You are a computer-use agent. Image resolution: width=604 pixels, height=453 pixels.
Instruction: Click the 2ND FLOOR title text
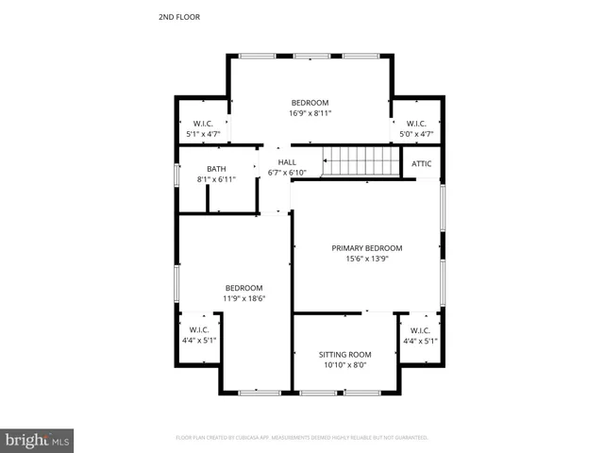click(x=178, y=17)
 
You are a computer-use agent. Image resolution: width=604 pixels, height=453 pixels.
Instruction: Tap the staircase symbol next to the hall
click(x=358, y=161)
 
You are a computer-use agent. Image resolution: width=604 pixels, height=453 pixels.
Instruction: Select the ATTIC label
click(x=422, y=163)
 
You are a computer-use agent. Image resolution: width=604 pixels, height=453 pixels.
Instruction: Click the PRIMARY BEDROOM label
click(x=367, y=248)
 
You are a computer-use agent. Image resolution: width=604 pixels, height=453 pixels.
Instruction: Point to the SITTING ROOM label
click(x=344, y=354)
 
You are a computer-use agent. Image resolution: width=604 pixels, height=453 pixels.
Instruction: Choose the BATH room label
click(x=216, y=169)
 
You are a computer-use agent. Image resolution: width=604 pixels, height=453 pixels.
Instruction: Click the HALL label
click(x=287, y=162)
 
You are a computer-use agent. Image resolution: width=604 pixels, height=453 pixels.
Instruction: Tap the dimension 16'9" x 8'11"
click(x=310, y=113)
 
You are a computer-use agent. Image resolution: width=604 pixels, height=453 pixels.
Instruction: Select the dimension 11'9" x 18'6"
click(x=243, y=298)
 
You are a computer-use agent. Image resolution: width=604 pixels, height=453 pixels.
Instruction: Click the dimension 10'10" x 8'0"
click(x=344, y=364)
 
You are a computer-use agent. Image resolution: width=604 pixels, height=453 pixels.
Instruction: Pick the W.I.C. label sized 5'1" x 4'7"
click(x=203, y=124)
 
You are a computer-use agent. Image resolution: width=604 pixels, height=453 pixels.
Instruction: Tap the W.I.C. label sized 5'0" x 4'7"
click(x=416, y=124)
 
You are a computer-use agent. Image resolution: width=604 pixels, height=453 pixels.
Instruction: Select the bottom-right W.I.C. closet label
click(x=420, y=330)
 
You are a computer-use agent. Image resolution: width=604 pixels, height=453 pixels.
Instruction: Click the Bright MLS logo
click(x=38, y=440)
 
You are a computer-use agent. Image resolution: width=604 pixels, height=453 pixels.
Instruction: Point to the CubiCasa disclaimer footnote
click(x=302, y=438)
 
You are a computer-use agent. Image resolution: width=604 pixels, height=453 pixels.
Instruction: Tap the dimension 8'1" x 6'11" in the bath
click(x=216, y=179)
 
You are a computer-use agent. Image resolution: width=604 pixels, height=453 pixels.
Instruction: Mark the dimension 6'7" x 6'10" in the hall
click(x=287, y=173)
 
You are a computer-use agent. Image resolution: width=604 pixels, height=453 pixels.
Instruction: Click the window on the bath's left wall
click(x=176, y=176)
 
